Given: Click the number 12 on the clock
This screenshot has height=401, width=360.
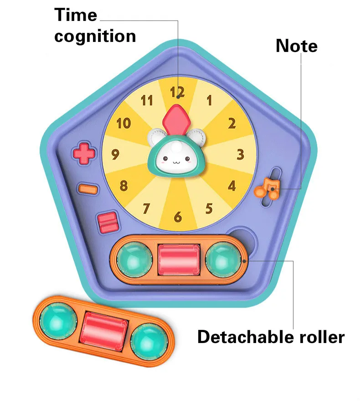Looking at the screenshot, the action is [x=177, y=92].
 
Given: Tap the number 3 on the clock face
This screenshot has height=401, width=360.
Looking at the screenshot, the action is [x=241, y=154].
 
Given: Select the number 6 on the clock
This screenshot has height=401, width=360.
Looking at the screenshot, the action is [x=178, y=217].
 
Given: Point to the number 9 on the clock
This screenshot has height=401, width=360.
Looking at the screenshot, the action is [x=115, y=155].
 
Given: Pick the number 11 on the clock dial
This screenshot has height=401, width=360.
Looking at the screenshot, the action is [x=146, y=100].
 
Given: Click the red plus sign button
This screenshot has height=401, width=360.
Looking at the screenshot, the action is [x=84, y=153].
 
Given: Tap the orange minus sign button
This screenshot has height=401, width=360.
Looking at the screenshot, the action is [x=87, y=188].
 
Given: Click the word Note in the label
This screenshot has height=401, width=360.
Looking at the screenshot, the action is [x=296, y=46].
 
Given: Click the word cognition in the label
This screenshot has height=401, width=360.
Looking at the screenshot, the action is [x=95, y=36].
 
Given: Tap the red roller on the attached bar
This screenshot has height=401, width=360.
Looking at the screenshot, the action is [x=178, y=259].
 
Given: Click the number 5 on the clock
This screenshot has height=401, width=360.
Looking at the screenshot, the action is [x=209, y=208].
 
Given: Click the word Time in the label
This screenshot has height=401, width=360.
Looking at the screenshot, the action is [x=76, y=15].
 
